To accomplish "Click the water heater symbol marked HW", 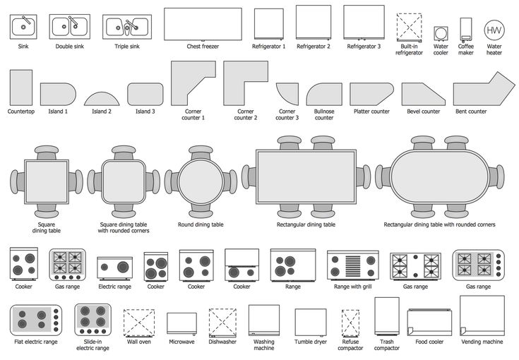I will coord(494,30).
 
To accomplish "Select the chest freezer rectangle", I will coord(203,24).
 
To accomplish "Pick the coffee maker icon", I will coord(465,29).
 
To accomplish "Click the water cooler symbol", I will coord(441,33).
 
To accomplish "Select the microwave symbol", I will coord(181,323).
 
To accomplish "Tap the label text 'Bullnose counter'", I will coord(324,114).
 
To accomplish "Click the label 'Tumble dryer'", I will coord(310,342).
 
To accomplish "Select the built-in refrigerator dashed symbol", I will coord(409,28).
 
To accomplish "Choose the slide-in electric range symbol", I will coord(92,320).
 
